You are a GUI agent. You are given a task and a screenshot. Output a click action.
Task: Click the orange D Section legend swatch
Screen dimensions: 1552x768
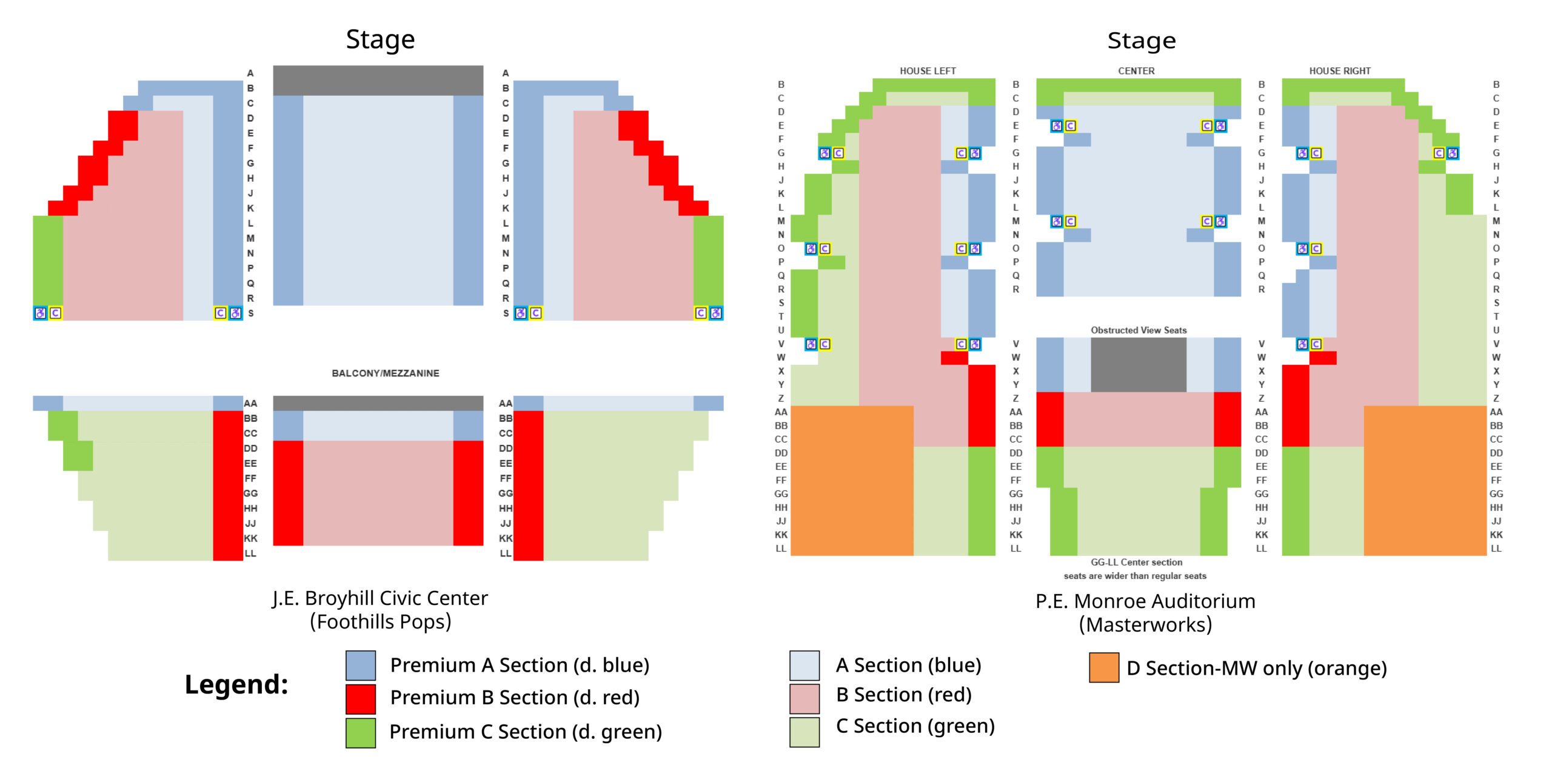[1103, 667]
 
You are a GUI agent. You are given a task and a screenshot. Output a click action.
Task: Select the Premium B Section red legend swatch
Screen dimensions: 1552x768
[361, 699]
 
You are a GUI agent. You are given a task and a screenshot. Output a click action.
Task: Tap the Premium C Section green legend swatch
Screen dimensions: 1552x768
[361, 733]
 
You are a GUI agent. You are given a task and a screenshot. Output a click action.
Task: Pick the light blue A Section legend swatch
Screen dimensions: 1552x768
[804, 666]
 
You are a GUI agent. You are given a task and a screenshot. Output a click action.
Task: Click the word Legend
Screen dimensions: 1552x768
[236, 684]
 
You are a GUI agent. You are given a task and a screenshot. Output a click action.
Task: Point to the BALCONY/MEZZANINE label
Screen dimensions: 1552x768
[386, 373]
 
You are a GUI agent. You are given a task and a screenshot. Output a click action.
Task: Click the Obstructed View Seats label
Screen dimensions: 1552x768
[1139, 330]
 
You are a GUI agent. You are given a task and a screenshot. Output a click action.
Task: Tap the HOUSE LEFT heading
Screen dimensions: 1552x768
[928, 71]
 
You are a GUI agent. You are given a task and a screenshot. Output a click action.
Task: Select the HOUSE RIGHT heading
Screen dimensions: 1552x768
[1340, 71]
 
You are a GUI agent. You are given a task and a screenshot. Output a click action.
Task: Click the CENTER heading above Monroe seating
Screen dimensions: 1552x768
[1136, 71]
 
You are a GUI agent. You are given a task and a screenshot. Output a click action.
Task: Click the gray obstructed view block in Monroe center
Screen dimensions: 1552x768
[1139, 365]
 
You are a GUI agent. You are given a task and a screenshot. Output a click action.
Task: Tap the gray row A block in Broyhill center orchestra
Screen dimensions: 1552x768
[378, 81]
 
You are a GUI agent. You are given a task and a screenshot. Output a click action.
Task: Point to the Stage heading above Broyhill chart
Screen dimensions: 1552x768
[380, 39]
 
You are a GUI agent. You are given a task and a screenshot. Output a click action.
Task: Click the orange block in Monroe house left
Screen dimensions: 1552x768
[852, 481]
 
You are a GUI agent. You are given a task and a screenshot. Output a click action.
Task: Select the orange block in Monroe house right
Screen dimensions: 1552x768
[1425, 481]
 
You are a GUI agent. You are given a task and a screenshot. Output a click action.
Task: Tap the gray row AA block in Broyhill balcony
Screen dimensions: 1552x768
[378, 403]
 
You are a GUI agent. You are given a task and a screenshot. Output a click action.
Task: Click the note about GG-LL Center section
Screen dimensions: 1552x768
[1135, 569]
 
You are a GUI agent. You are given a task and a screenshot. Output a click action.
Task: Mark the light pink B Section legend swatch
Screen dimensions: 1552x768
[804, 699]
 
